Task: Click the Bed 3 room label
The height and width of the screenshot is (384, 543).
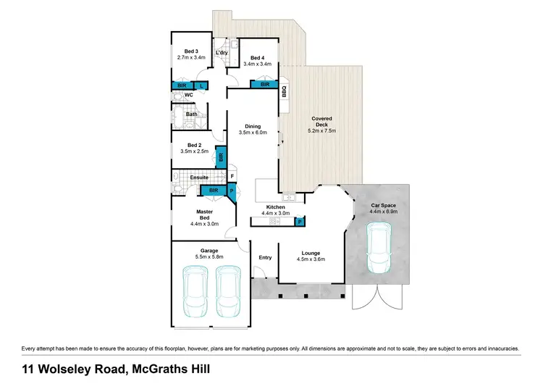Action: pos(191,51)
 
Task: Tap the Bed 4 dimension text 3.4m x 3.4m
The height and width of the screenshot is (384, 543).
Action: pos(257,64)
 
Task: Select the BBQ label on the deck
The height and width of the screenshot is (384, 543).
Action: pos(285,92)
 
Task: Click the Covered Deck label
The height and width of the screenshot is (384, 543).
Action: pos(321,121)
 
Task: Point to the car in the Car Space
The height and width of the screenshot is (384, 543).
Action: pos(379,248)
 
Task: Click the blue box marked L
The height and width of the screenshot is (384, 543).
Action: pos(201,85)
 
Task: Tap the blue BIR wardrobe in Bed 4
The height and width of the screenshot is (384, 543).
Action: pos(264,84)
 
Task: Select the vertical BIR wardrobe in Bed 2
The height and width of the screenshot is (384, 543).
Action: pos(221,157)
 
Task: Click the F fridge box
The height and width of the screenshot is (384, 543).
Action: pos(232,176)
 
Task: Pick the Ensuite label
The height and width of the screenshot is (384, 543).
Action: pos(199,178)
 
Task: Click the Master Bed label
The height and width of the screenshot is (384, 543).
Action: pos(204,214)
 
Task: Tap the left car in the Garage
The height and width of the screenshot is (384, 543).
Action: pos(195,291)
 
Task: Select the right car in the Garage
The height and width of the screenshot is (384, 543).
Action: pos(229,291)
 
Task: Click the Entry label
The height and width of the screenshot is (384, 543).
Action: pos(265,257)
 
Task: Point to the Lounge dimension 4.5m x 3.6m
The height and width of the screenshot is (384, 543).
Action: pos(311,259)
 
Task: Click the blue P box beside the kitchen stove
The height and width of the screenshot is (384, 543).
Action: pos(300,222)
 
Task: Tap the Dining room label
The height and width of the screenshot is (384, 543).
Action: pos(253,126)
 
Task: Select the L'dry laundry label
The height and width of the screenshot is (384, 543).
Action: pos(222,53)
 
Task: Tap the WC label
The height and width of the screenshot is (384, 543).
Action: pos(189,95)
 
